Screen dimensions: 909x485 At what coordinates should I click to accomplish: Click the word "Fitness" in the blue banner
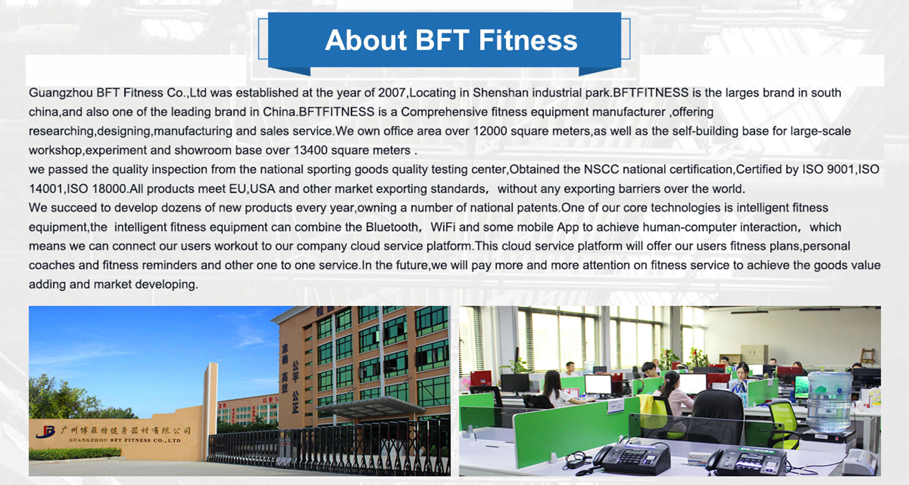528,40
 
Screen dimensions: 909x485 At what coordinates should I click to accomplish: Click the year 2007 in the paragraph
392,93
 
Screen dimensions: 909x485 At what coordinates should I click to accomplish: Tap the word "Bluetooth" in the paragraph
392,227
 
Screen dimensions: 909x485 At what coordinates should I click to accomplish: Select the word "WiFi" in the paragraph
443,227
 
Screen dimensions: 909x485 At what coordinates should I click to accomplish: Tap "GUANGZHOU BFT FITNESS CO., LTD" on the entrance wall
125,440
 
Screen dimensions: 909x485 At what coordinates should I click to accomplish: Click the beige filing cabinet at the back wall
755,355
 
